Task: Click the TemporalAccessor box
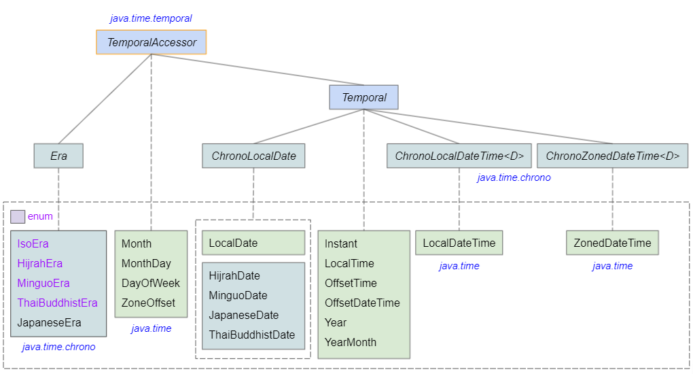pyautogui.click(x=152, y=42)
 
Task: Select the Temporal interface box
pyautogui.click(x=364, y=97)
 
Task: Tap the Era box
pyautogui.click(x=58, y=156)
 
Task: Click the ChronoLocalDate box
pyautogui.click(x=253, y=156)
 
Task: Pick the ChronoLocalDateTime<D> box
pyautogui.click(x=459, y=156)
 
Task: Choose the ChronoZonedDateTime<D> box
pyautogui.click(x=612, y=156)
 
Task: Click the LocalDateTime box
pyautogui.click(x=459, y=243)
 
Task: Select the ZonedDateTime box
pyautogui.click(x=612, y=243)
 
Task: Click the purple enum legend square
pyautogui.click(x=18, y=216)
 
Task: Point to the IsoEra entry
pyautogui.click(x=33, y=243)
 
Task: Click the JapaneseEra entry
pyautogui.click(x=49, y=322)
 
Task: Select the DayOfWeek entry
pyautogui.click(x=151, y=283)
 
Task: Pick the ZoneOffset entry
pyautogui.click(x=148, y=303)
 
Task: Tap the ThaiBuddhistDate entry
pyautogui.click(x=252, y=335)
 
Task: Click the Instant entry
pyautogui.click(x=341, y=243)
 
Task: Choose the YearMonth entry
pyautogui.click(x=351, y=342)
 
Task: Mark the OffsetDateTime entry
pyautogui.click(x=362, y=303)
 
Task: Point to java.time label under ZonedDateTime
pyautogui.click(x=612, y=266)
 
